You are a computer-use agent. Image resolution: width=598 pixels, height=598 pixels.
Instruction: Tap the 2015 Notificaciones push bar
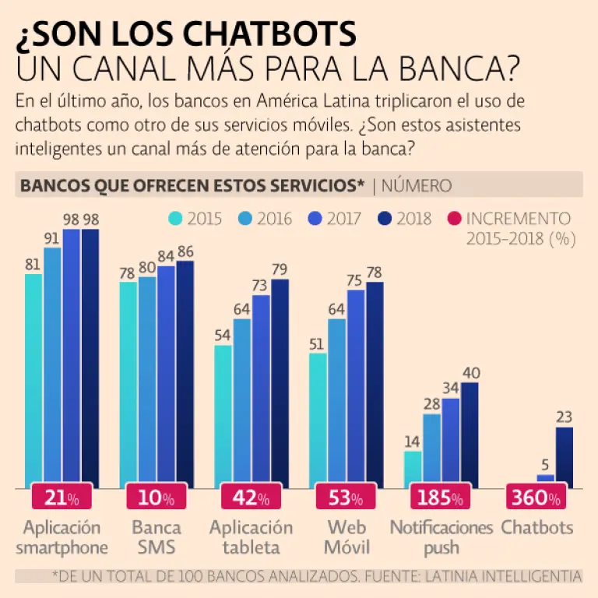click(x=413, y=469)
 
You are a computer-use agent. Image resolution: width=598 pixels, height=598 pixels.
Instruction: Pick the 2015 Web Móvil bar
click(x=318, y=420)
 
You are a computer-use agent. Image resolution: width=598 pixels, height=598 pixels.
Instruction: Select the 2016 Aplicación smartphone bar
click(x=52, y=366)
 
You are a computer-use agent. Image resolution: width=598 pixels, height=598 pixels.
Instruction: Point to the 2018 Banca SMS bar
click(x=185, y=374)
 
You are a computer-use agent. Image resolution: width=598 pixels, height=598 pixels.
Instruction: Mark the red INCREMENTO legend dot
click(x=455, y=219)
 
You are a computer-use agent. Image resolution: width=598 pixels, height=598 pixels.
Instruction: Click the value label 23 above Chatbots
click(x=565, y=417)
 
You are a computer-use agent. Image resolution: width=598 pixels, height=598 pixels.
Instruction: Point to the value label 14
click(x=413, y=441)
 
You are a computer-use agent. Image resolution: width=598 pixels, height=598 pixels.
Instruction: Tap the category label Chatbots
click(x=536, y=527)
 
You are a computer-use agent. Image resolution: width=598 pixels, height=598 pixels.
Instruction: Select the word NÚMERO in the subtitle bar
click(x=417, y=186)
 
